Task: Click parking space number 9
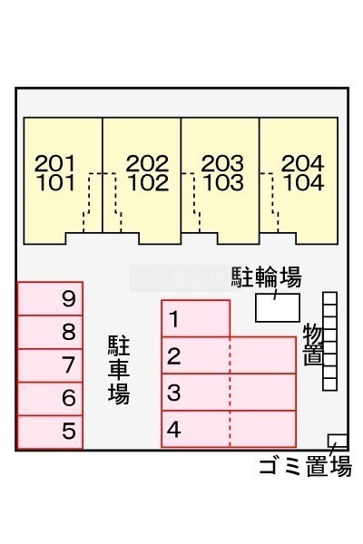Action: [50, 298]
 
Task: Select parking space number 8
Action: [50, 332]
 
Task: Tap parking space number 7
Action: [50, 365]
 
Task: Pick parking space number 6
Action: [50, 399]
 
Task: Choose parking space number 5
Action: [50, 432]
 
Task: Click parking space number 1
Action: [196, 318]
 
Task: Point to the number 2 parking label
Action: [174, 356]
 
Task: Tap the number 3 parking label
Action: [174, 393]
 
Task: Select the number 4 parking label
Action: [174, 430]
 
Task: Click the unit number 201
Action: [54, 163]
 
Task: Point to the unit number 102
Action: [148, 183]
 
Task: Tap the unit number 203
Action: [222, 163]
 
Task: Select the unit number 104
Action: [304, 183]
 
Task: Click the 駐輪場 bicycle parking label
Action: [267, 277]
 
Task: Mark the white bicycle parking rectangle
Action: [278, 307]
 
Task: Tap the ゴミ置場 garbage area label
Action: [305, 466]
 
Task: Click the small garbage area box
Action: [338, 441]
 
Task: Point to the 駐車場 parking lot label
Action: [119, 370]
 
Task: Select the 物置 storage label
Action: [313, 345]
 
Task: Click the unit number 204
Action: [303, 163]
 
